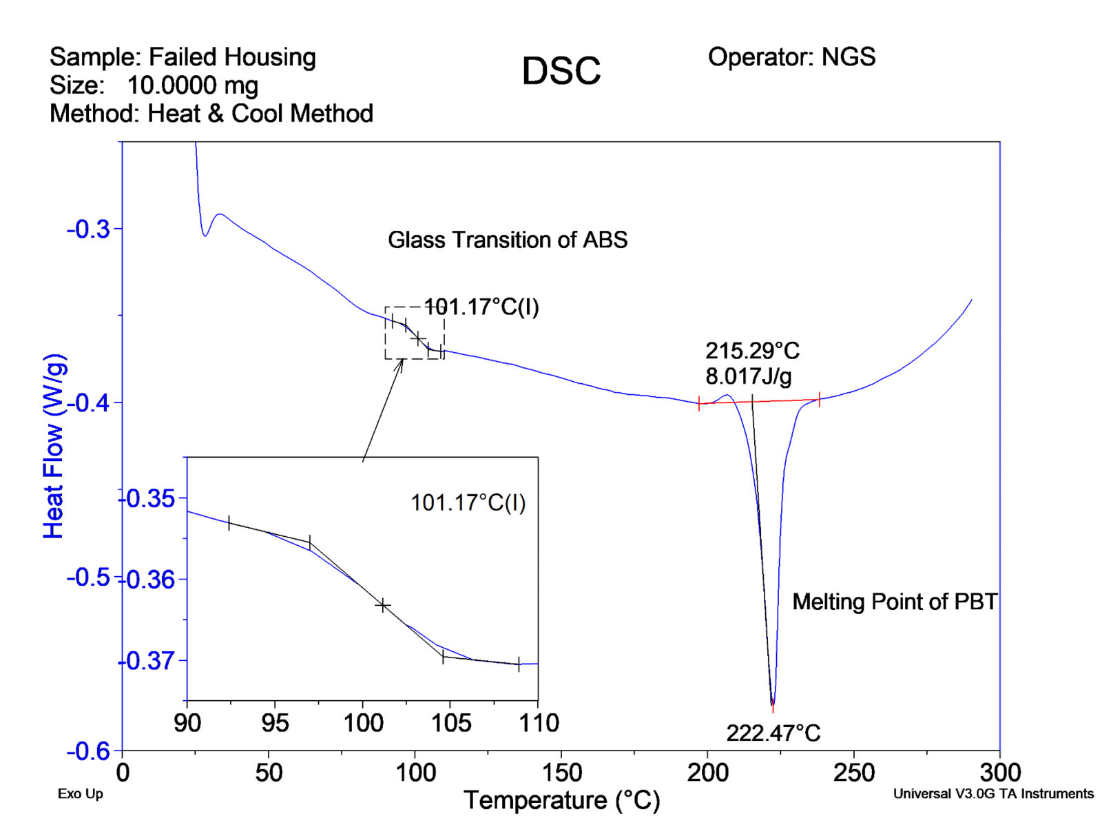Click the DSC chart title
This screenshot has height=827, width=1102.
point(561,71)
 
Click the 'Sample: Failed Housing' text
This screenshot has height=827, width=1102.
point(183,57)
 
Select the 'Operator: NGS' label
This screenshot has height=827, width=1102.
point(791,57)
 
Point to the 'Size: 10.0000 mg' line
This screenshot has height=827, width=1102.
point(154,85)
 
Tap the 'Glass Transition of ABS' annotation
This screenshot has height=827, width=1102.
point(508,240)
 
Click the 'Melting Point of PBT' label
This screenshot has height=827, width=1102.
point(894,602)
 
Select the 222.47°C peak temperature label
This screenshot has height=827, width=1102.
point(773,733)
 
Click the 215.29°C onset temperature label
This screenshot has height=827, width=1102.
point(752,351)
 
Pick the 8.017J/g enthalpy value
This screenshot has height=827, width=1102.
point(748,376)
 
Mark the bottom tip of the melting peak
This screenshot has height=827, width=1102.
point(773,704)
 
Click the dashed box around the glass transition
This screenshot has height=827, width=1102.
point(415,333)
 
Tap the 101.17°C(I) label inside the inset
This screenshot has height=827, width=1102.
point(468,502)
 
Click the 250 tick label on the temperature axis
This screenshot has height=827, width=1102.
point(853,773)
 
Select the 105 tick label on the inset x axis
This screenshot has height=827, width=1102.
point(450,723)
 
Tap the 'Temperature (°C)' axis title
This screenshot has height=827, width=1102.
point(561,800)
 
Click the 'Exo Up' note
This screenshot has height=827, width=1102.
point(80,794)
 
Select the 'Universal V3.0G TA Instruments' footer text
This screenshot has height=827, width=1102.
point(992,794)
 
